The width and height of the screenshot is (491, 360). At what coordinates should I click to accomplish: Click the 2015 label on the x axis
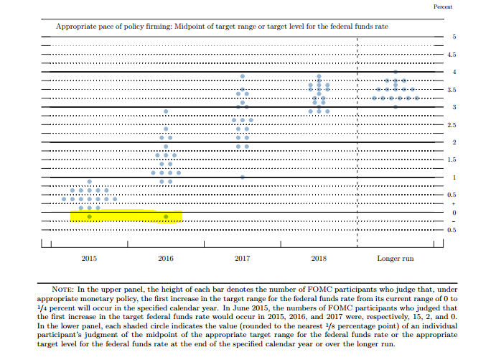(89, 257)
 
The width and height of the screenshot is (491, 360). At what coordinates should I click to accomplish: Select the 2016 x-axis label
(166, 257)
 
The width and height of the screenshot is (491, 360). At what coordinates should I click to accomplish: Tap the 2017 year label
(243, 257)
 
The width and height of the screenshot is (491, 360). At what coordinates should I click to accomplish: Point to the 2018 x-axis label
(319, 257)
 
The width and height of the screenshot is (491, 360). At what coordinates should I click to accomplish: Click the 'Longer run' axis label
(395, 257)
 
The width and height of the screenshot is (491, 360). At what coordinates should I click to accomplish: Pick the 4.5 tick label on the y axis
(452, 54)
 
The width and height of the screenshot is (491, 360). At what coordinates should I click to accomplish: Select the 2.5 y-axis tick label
(452, 125)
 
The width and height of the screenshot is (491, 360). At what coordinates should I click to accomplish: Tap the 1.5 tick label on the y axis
(452, 160)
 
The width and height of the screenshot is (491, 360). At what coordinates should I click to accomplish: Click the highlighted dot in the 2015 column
(89, 216)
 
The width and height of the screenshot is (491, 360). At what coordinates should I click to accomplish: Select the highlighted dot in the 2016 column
(166, 216)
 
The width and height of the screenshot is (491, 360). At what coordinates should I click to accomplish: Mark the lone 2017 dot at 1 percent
(243, 177)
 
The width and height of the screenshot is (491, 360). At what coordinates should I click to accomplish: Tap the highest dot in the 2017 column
(243, 76)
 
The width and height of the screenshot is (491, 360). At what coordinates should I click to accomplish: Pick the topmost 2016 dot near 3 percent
(166, 111)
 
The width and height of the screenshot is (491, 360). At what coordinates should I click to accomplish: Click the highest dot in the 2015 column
(89, 182)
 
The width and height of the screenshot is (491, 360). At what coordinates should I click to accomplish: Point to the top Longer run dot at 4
(395, 72)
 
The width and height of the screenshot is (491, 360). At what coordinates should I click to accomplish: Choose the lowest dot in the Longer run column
(395, 106)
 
